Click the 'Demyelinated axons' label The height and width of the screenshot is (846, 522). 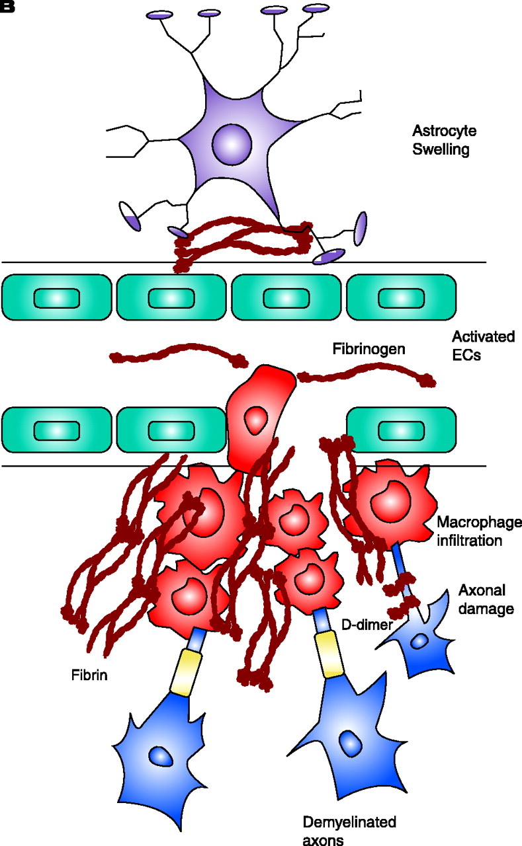point(349,831)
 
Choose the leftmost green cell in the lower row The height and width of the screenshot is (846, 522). point(57,430)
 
